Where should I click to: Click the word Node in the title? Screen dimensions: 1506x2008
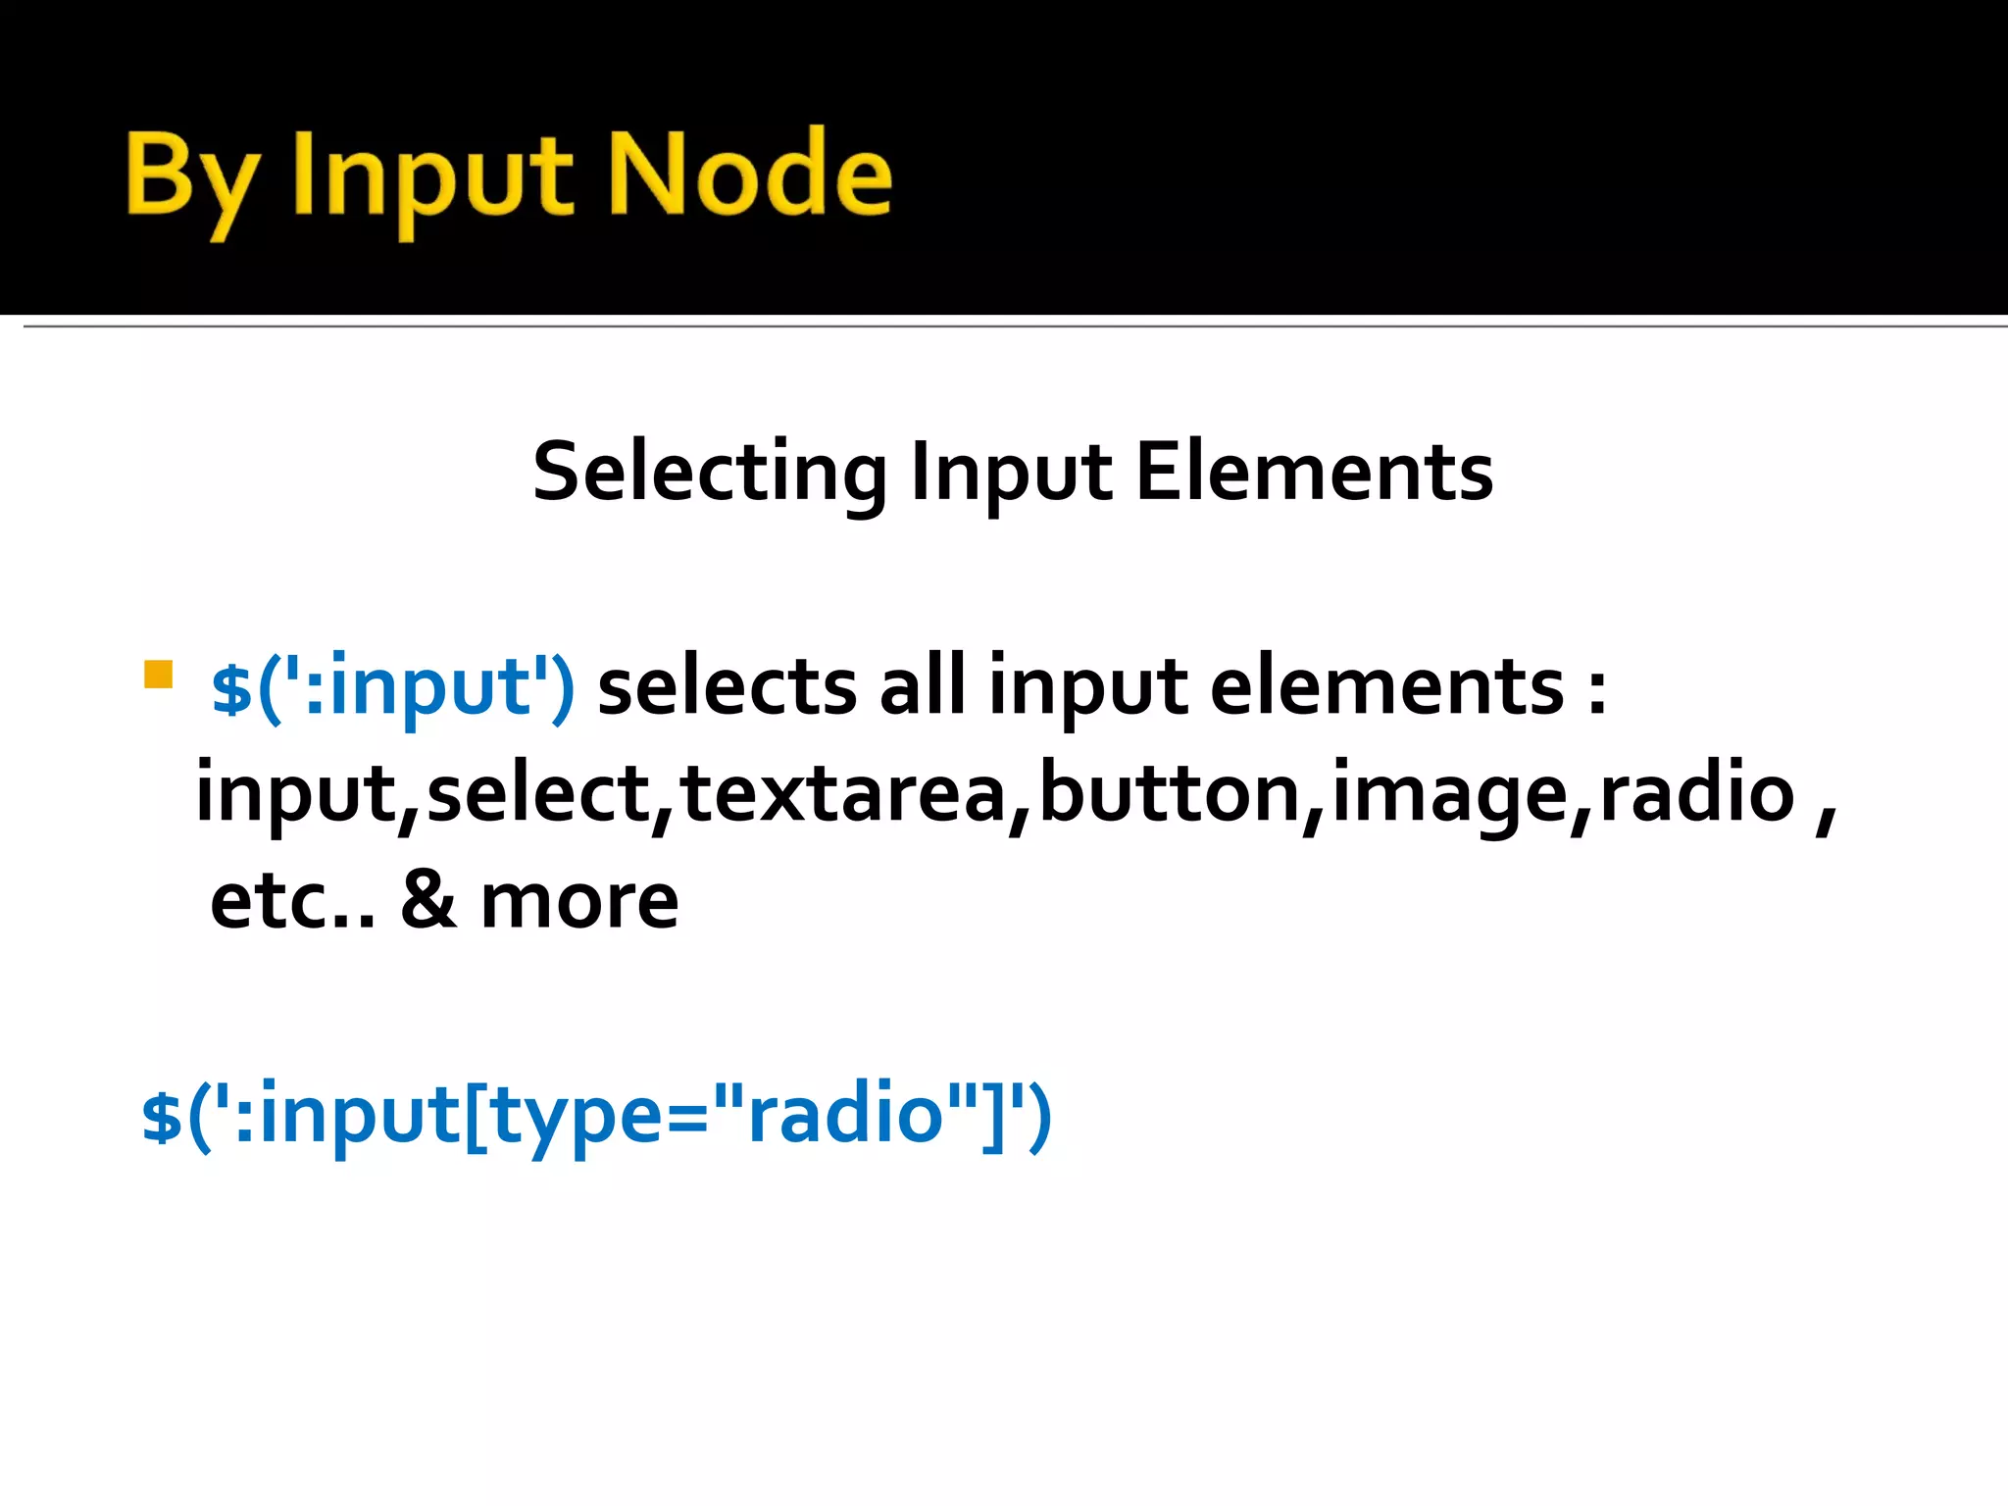coord(750,175)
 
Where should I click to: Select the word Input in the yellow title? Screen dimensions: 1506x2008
coord(432,178)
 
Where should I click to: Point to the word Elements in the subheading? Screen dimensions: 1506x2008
coord(1314,473)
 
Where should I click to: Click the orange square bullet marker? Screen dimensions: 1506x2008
coord(158,675)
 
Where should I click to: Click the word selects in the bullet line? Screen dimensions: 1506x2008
coord(727,686)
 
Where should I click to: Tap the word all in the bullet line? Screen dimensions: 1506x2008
coord(922,686)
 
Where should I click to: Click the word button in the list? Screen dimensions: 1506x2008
coord(1169,793)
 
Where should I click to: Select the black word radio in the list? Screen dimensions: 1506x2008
coord(1696,793)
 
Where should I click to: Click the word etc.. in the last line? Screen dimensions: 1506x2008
coord(292,902)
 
